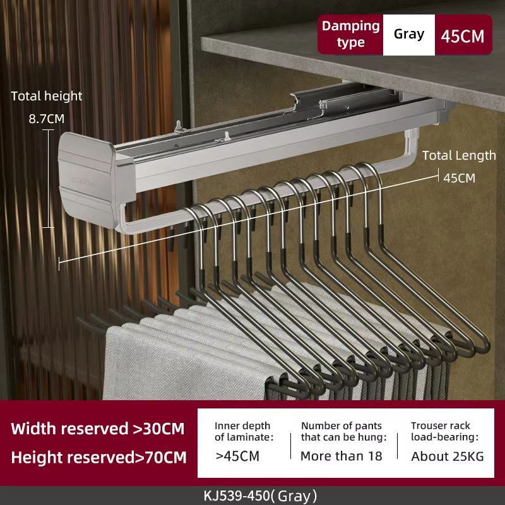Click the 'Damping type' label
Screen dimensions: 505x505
pyautogui.click(x=350, y=34)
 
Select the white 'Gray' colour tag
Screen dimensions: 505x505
pyautogui.click(x=408, y=34)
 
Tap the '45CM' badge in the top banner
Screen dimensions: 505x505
pyautogui.click(x=463, y=35)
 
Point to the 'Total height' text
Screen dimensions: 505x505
pyautogui.click(x=47, y=96)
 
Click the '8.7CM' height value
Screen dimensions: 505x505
pyautogui.click(x=47, y=118)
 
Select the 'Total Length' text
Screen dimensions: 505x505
pyautogui.click(x=459, y=155)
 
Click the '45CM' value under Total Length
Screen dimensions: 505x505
pyautogui.click(x=459, y=178)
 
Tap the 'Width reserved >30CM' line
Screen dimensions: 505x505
pyautogui.click(x=98, y=429)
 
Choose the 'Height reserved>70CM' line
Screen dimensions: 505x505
pyautogui.click(x=98, y=457)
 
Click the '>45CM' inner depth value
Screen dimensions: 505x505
pyautogui.click(x=237, y=456)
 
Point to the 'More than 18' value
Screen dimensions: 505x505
pyautogui.click(x=341, y=456)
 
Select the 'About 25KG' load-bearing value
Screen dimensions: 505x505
pyautogui.click(x=447, y=456)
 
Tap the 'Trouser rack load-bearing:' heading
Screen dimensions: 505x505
pyautogui.click(x=444, y=431)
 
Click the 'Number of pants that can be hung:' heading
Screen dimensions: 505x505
pyautogui.click(x=343, y=431)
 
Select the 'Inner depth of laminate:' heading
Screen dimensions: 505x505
pyautogui.click(x=244, y=431)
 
